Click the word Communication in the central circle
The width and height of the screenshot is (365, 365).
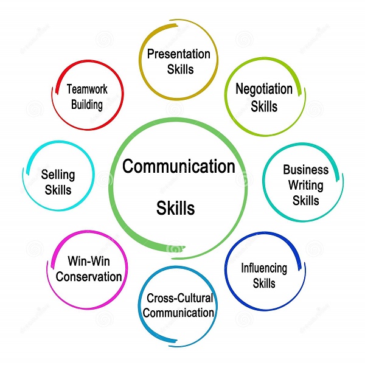tap(178, 166)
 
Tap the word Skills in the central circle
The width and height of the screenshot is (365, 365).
tap(176, 208)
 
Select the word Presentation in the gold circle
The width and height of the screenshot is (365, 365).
tap(178, 54)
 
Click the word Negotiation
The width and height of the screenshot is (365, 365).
tap(264, 89)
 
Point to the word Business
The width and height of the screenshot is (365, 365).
tap(305, 170)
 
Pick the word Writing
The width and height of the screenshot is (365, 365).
tap(305, 186)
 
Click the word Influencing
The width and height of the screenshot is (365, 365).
tap(264, 268)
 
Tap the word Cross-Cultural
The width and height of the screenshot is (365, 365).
tap(179, 298)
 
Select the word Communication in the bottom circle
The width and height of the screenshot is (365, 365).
tap(178, 313)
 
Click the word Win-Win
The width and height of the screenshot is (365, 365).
tap(89, 261)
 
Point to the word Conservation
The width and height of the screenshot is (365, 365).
tap(89, 277)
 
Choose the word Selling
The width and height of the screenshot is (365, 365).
tap(58, 175)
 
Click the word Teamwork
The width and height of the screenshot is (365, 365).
tap(87, 89)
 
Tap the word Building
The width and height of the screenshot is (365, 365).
tap(87, 105)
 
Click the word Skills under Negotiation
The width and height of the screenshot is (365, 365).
tap(264, 106)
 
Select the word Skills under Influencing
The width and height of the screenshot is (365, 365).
tap(264, 283)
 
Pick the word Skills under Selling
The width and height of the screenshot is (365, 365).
tap(58, 190)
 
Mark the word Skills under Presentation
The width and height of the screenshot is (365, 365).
tap(180, 69)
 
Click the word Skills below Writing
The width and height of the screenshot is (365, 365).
tap(305, 200)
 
